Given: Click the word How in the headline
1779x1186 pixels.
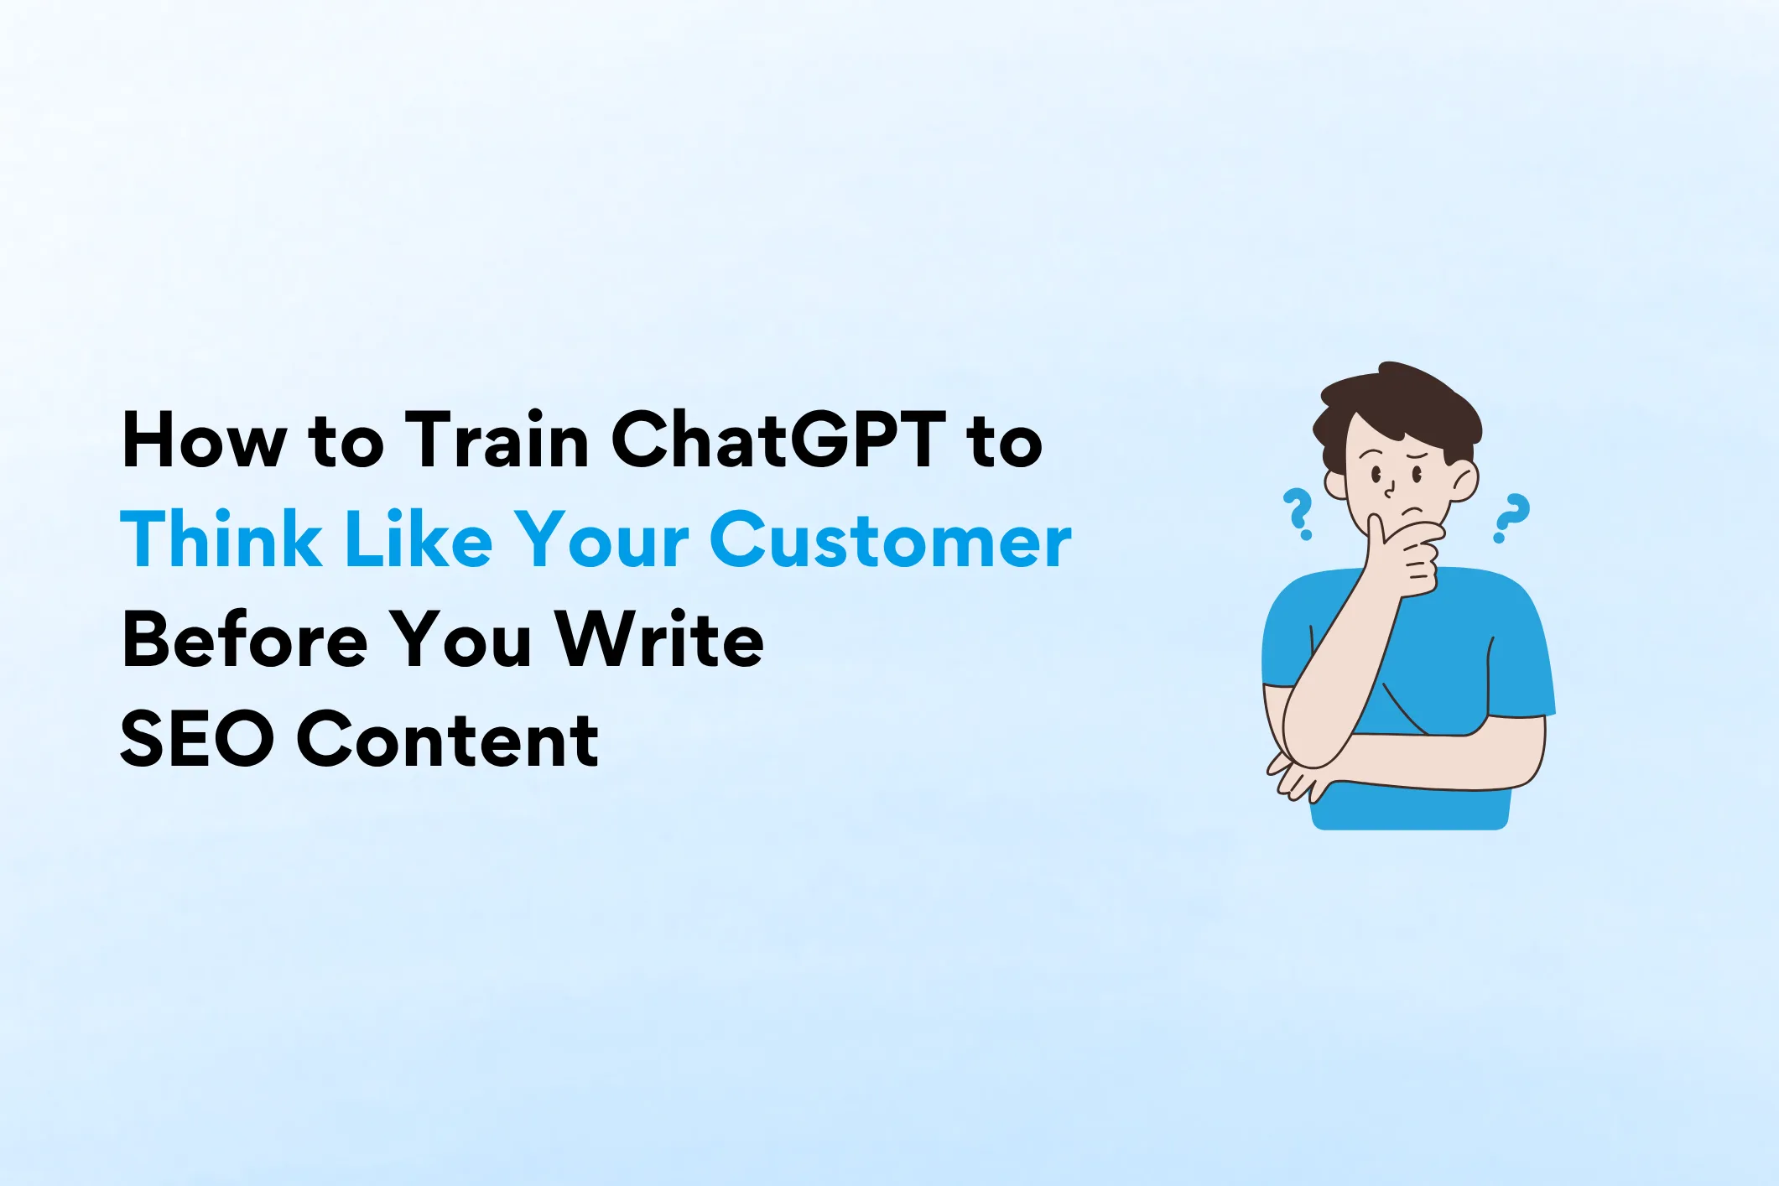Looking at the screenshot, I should click(204, 440).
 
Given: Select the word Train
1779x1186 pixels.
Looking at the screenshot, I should click(497, 440).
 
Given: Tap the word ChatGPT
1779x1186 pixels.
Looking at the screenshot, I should click(778, 440).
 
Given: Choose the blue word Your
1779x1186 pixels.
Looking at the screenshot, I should click(601, 541).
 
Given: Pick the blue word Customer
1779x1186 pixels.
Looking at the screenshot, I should click(891, 541).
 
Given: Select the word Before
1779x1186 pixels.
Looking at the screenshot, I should click(244, 640).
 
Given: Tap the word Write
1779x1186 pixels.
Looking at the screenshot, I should click(659, 640).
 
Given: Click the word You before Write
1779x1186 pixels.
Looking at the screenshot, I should click(461, 640).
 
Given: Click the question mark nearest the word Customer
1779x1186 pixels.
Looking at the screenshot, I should click(1298, 513).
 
